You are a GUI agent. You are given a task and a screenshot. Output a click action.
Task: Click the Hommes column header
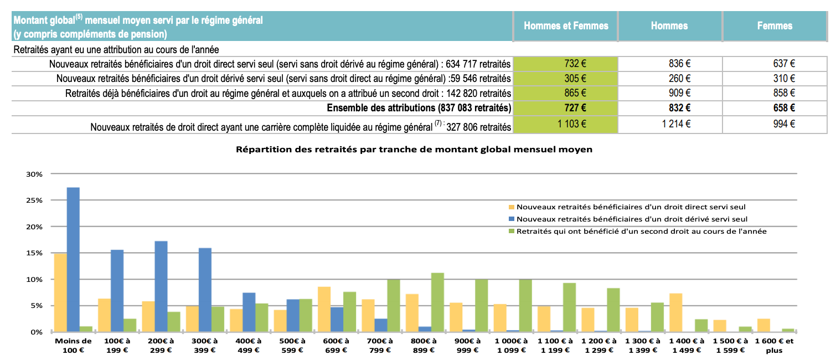pyautogui.click(x=669, y=26)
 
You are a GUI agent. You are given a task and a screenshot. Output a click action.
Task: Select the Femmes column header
pyautogui.click(x=775, y=26)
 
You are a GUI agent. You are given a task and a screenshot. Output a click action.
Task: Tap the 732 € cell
pyautogui.click(x=565, y=64)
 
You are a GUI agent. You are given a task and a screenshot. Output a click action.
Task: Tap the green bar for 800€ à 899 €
pyautogui.click(x=437, y=302)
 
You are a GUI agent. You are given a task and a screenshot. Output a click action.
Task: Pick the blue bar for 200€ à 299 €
pyautogui.click(x=161, y=286)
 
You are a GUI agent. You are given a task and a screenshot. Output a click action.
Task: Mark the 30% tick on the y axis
pyautogui.click(x=34, y=174)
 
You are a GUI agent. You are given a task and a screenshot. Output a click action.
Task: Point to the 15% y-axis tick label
pyautogui.click(x=34, y=253)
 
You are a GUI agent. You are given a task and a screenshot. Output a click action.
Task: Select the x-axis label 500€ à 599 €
pyautogui.click(x=292, y=345)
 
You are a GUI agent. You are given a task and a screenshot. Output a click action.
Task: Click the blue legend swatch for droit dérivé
pyautogui.click(x=511, y=219)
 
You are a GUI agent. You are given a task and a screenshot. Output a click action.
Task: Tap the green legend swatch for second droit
pyautogui.click(x=511, y=232)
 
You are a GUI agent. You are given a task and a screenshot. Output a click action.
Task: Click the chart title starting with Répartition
pyautogui.click(x=414, y=150)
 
